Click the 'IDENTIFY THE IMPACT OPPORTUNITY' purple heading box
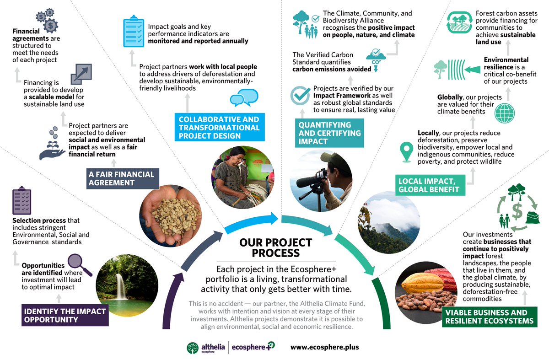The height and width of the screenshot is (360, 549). click(65, 315)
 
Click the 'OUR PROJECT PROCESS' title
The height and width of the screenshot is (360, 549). click(275, 247)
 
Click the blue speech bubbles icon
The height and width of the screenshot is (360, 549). click(244, 97)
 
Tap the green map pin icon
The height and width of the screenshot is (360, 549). click(405, 152)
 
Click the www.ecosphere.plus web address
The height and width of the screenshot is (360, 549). click(324, 347)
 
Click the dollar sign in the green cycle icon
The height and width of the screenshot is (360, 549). click(517, 211)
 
